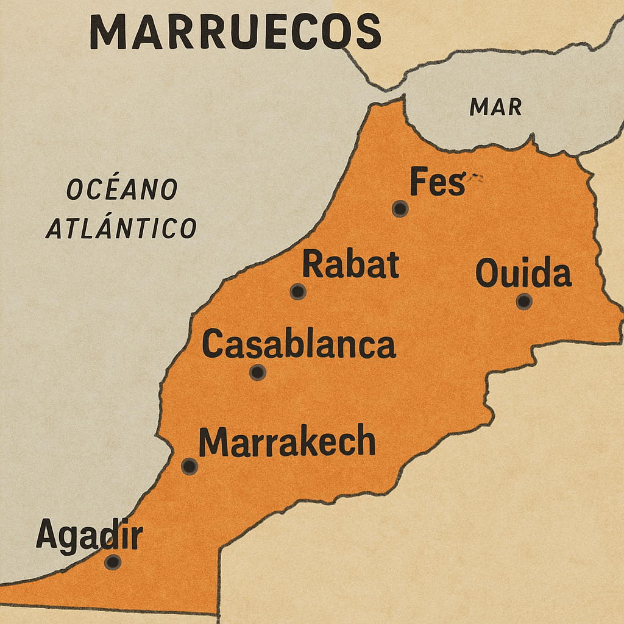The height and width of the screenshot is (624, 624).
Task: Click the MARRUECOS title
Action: (x=235, y=32)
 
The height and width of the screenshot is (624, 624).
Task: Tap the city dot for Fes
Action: (x=400, y=209)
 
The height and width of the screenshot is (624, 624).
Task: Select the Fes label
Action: (x=437, y=182)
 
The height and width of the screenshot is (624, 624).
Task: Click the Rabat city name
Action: (x=350, y=265)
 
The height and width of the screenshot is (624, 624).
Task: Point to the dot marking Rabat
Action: (x=298, y=292)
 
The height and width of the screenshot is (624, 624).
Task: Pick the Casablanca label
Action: (x=299, y=344)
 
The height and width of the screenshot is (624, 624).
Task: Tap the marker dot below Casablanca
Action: (x=258, y=372)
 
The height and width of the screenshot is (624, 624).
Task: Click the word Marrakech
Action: (x=287, y=442)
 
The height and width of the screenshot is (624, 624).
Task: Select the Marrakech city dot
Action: (x=190, y=467)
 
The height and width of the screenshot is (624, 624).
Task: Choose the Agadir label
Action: (x=89, y=536)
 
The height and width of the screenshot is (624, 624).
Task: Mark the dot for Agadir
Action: (x=112, y=562)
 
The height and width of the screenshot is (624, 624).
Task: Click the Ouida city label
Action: (x=523, y=274)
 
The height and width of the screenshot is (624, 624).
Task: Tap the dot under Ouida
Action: (x=524, y=301)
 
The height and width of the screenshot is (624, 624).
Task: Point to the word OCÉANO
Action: (x=122, y=190)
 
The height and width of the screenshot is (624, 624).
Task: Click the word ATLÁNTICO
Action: (x=121, y=229)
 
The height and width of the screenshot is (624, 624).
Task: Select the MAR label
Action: (x=495, y=107)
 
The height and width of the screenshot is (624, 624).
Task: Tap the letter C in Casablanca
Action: (x=211, y=344)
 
